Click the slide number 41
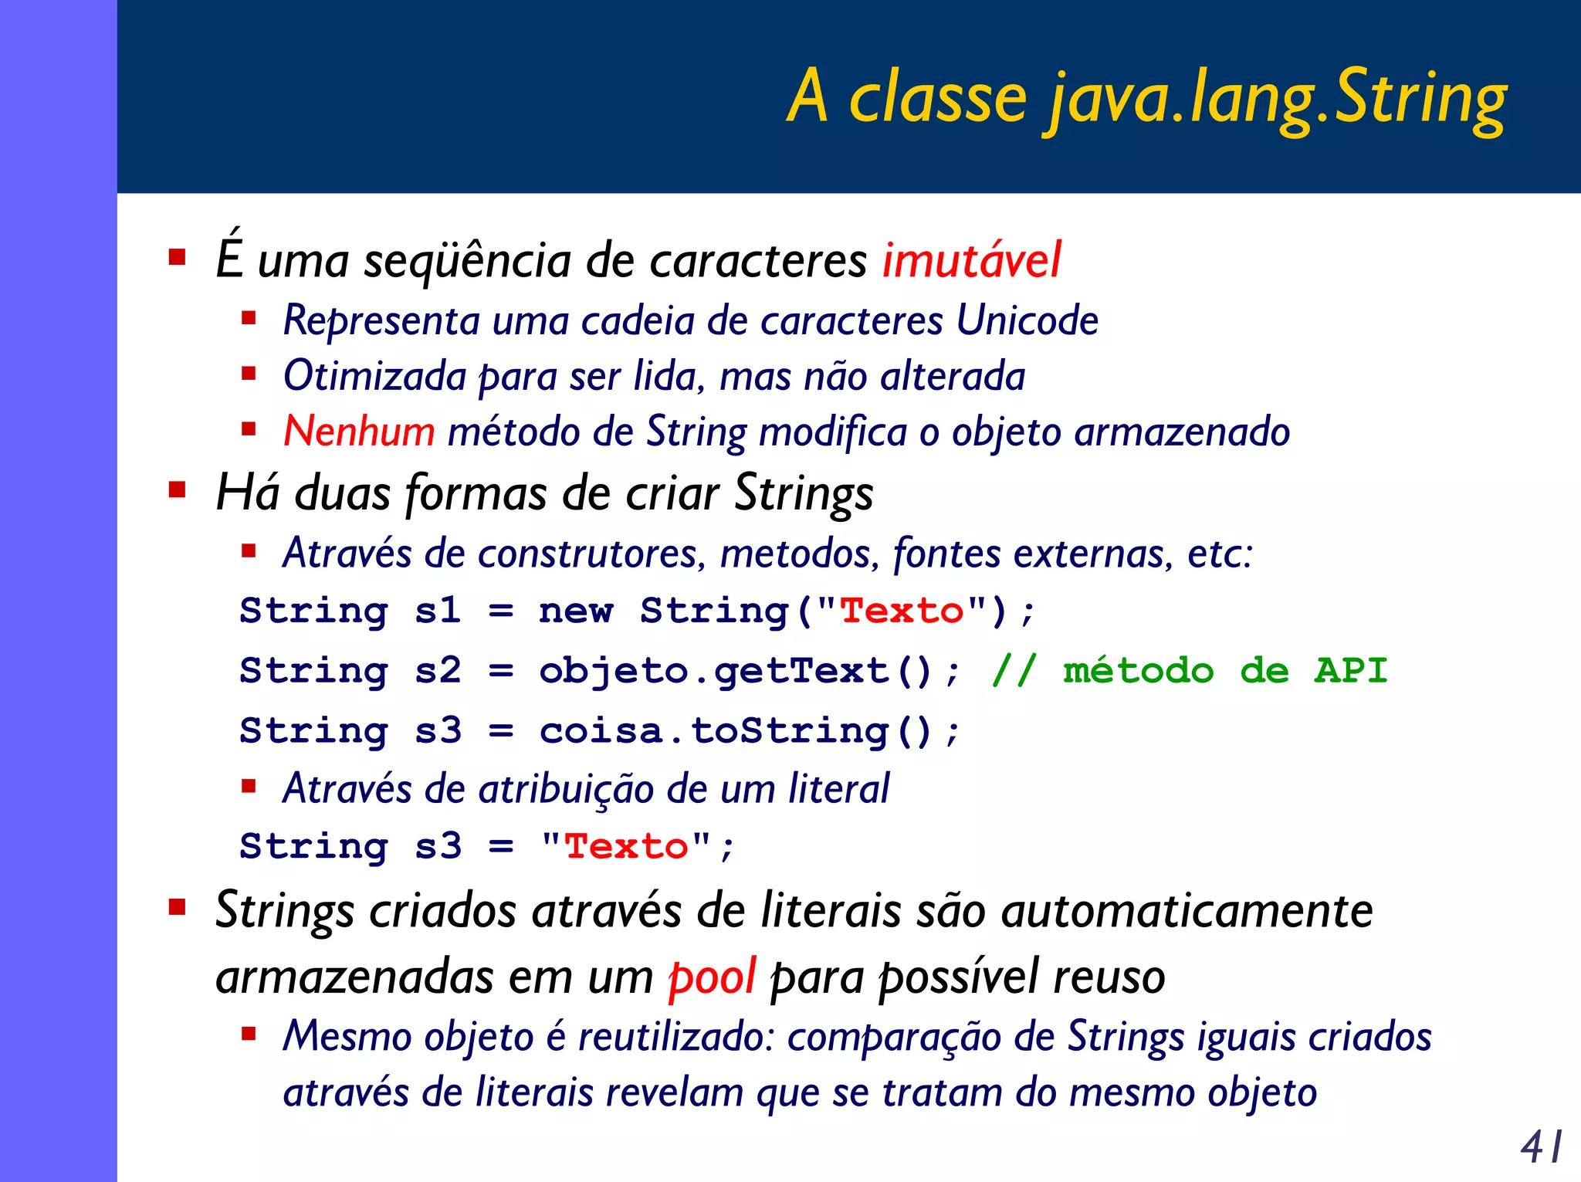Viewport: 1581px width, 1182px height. tap(1542, 1146)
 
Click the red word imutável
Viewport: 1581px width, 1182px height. tap(972, 260)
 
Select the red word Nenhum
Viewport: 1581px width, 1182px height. tap(359, 431)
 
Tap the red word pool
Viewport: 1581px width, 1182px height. tap(711, 977)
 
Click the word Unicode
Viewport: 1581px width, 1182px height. tap(1027, 320)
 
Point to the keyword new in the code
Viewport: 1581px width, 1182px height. tap(576, 611)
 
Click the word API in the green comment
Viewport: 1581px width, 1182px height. tap(1351, 670)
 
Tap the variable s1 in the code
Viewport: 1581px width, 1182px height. tap(438, 611)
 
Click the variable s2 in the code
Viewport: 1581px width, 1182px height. tap(438, 671)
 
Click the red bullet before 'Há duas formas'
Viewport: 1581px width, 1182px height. tap(178, 490)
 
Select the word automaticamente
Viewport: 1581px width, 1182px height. tap(1187, 911)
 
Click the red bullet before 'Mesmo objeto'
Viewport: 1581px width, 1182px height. tap(249, 1035)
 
